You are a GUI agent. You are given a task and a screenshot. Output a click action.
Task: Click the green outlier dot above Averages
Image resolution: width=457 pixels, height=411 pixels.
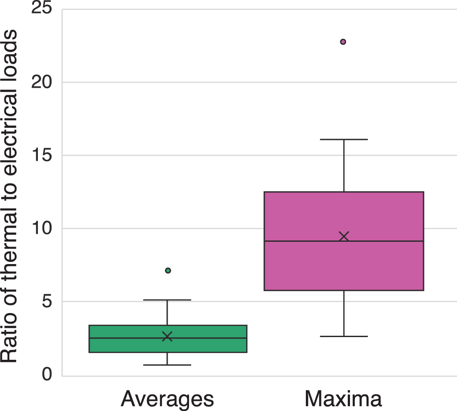point(168,270)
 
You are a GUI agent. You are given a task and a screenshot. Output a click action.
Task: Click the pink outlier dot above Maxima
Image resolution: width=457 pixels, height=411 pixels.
point(343,41)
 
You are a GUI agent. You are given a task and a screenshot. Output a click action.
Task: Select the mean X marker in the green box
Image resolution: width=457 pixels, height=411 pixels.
point(167,336)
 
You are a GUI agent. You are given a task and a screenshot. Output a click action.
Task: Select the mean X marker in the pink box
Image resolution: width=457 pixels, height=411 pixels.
point(344,236)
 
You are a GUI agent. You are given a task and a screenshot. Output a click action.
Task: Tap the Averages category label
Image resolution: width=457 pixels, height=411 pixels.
point(167,399)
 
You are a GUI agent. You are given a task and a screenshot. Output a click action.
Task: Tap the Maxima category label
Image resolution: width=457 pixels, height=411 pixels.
point(343,399)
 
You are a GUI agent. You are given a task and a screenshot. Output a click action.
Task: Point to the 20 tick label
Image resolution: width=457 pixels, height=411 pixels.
point(41,82)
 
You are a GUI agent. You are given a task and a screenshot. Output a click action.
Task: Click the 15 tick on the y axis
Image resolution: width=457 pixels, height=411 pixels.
point(42,155)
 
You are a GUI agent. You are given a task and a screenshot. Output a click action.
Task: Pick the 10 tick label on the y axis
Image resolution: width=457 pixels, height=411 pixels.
point(42,228)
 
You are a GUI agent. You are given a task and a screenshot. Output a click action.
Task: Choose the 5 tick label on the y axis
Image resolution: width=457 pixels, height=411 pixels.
point(47,301)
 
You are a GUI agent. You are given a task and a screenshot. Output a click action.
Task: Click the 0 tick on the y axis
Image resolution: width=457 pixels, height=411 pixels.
point(47,374)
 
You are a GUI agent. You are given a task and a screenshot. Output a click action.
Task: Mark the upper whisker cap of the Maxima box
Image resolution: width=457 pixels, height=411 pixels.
point(344,139)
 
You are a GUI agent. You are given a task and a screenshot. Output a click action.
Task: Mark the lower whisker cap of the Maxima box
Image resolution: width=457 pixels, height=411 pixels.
point(344,336)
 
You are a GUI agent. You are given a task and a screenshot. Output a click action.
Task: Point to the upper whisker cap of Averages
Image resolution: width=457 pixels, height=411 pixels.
point(167,300)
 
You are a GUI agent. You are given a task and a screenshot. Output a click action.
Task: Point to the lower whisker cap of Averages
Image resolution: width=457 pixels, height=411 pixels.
point(167,365)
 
